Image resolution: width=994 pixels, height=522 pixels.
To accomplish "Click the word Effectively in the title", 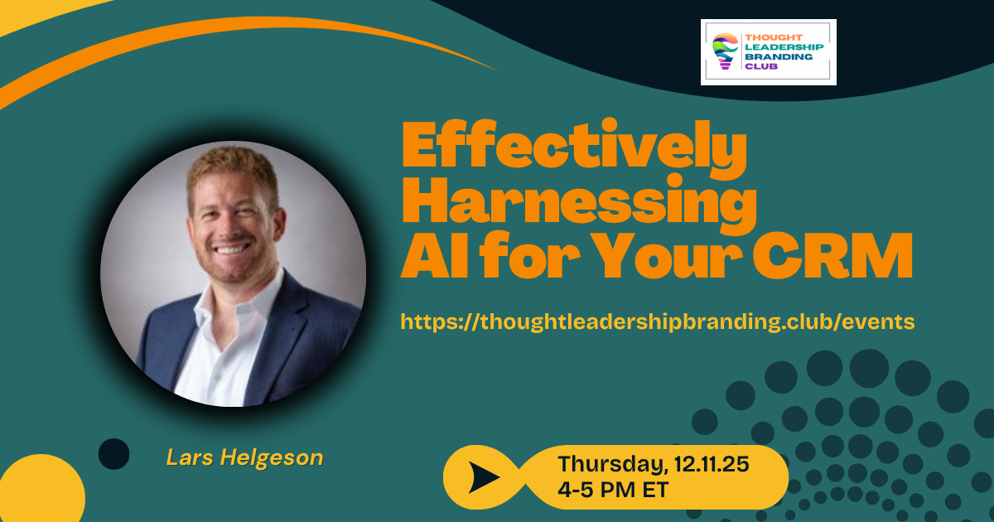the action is [x=574, y=147].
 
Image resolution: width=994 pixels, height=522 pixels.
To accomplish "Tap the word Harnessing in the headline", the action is [x=579, y=203].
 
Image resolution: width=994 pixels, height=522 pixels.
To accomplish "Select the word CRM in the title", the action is [x=832, y=256].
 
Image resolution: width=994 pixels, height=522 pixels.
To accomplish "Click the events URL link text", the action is [x=658, y=321].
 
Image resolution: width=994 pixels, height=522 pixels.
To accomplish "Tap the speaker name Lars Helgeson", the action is [x=244, y=457].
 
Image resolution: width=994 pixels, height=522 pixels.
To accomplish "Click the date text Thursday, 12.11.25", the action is [x=654, y=464].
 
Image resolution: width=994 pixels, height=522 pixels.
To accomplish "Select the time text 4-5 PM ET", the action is [x=613, y=490].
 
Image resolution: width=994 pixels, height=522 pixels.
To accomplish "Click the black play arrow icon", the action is [x=483, y=477].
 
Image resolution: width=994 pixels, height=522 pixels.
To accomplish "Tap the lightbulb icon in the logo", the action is [x=725, y=51].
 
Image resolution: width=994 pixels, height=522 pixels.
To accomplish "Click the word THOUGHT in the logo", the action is [x=774, y=38].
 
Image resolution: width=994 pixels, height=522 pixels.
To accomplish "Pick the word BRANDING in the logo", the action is [x=779, y=57].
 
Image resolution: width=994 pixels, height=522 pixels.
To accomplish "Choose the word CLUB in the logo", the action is [x=761, y=66].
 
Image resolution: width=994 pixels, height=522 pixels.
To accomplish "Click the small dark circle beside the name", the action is [x=113, y=454].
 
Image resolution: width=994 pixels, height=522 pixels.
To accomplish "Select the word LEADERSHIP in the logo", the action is [x=784, y=47].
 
